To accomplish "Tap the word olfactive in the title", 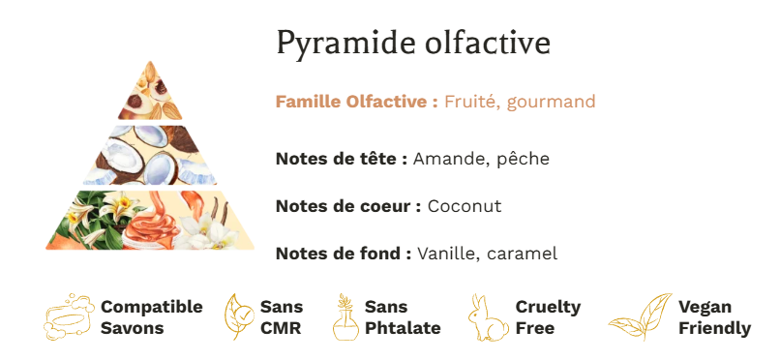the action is click(x=488, y=42).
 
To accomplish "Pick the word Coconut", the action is click(x=465, y=206).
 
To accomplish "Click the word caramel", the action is click(x=523, y=255).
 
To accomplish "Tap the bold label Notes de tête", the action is click(x=342, y=159).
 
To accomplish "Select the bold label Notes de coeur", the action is click(x=348, y=206).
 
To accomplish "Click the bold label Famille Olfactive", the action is click(x=357, y=102).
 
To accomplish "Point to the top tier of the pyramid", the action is click(x=150, y=95).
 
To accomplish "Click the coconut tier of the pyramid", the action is click(x=150, y=155).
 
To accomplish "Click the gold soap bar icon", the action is click(x=69, y=316).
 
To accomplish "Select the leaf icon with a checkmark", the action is click(x=239, y=316).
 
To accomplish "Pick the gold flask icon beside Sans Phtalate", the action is click(x=345, y=316).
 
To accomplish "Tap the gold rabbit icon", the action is click(x=488, y=317).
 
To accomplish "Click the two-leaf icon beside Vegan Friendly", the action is click(x=640, y=316).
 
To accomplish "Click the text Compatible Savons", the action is click(x=152, y=317).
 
